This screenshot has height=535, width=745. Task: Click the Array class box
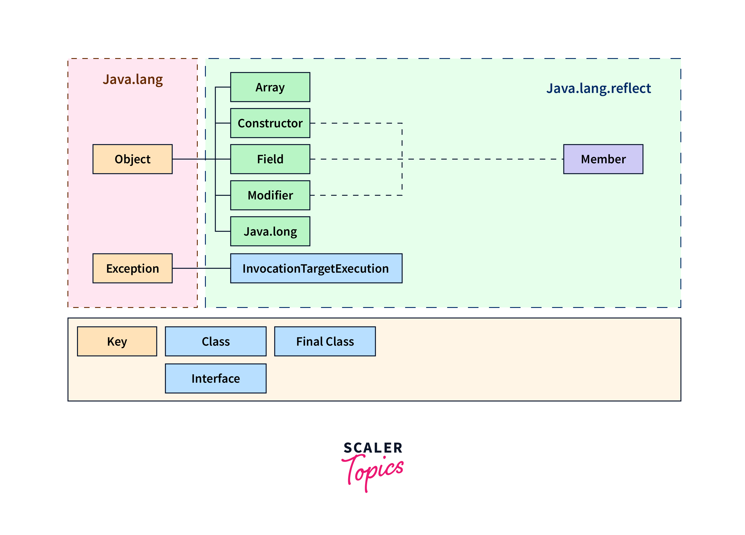point(270,87)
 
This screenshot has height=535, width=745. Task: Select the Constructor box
point(270,123)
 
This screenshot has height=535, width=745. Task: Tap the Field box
point(270,159)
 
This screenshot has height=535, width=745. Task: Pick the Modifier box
point(270,195)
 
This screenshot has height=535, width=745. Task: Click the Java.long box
point(270,231)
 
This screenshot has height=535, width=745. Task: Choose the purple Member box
point(603,159)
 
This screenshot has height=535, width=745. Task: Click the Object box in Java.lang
point(132,159)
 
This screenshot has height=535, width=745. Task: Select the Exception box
point(132,268)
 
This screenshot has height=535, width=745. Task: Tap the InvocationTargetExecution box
point(316,268)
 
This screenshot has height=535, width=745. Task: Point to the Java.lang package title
point(133,80)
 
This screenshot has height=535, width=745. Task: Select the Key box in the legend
point(117,341)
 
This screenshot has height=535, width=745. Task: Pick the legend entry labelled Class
point(215,341)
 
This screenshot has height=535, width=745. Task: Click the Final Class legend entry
point(325,341)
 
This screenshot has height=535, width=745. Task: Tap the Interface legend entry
point(215,379)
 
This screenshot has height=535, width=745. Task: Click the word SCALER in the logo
point(373,448)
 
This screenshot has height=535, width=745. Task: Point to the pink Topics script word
point(373,470)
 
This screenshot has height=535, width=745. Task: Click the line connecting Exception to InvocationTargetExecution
point(201,268)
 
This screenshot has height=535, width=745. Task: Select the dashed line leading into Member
point(483,159)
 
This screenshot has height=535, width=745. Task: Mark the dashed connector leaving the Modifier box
point(355,195)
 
